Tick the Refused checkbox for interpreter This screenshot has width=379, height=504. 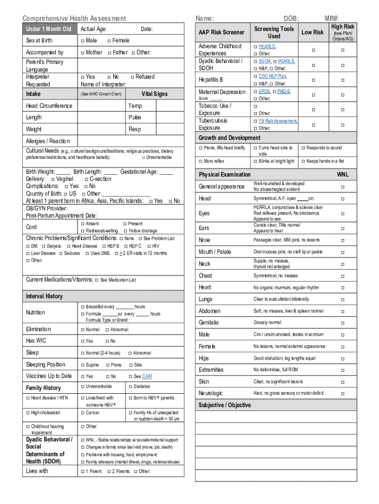(132, 77)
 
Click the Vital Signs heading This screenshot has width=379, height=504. (154, 94)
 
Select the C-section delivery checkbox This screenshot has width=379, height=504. (86, 179)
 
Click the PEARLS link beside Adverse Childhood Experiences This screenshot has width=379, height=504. (267, 46)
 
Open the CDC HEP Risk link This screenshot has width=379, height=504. (272, 76)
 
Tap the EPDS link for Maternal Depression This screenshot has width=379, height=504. (264, 92)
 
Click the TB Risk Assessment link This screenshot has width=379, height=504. (278, 121)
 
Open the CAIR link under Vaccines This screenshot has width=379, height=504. (147, 377)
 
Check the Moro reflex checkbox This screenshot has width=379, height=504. (201, 161)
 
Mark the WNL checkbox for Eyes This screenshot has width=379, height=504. (343, 214)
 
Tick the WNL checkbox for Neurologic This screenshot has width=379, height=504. (343, 393)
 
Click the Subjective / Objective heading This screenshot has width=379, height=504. (224, 405)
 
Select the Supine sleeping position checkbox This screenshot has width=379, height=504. (82, 365)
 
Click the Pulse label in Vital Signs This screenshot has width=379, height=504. (134, 118)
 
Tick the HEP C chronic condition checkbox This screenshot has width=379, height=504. (126, 246)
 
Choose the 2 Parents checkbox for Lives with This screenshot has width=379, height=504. (109, 472)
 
